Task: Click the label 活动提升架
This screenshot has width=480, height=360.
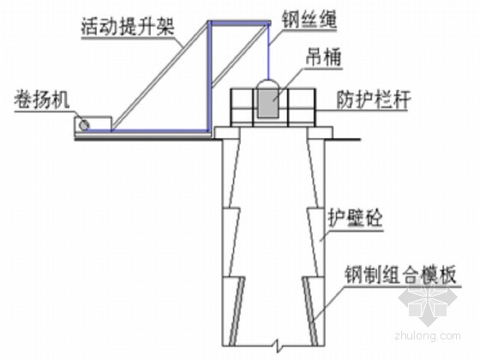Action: [128, 27]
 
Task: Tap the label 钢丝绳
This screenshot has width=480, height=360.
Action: [309, 20]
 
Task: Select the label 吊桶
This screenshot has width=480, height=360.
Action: [324, 57]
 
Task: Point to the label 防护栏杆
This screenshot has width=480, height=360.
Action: [373, 99]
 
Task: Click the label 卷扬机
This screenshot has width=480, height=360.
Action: [42, 100]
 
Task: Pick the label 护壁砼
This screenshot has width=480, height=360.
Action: [355, 219]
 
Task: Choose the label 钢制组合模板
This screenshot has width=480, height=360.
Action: [400, 275]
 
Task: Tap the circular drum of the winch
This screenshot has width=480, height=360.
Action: [84, 124]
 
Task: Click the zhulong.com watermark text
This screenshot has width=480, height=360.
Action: [428, 335]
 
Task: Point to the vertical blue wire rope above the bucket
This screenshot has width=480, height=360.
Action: [269, 51]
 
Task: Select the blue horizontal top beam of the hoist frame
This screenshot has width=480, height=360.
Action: [239, 22]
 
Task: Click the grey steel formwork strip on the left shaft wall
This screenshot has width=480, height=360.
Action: [237, 309]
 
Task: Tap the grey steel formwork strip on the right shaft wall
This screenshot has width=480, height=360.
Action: [309, 309]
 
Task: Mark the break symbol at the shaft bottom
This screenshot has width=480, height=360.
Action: [277, 345]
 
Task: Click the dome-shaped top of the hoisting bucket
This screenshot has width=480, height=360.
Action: [268, 84]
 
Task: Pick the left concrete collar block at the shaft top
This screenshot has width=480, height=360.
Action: [227, 133]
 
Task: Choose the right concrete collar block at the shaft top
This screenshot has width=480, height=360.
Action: [320, 133]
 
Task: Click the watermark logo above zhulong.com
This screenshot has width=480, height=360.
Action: [428, 302]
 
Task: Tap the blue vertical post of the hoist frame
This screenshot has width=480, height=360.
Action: [210, 76]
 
